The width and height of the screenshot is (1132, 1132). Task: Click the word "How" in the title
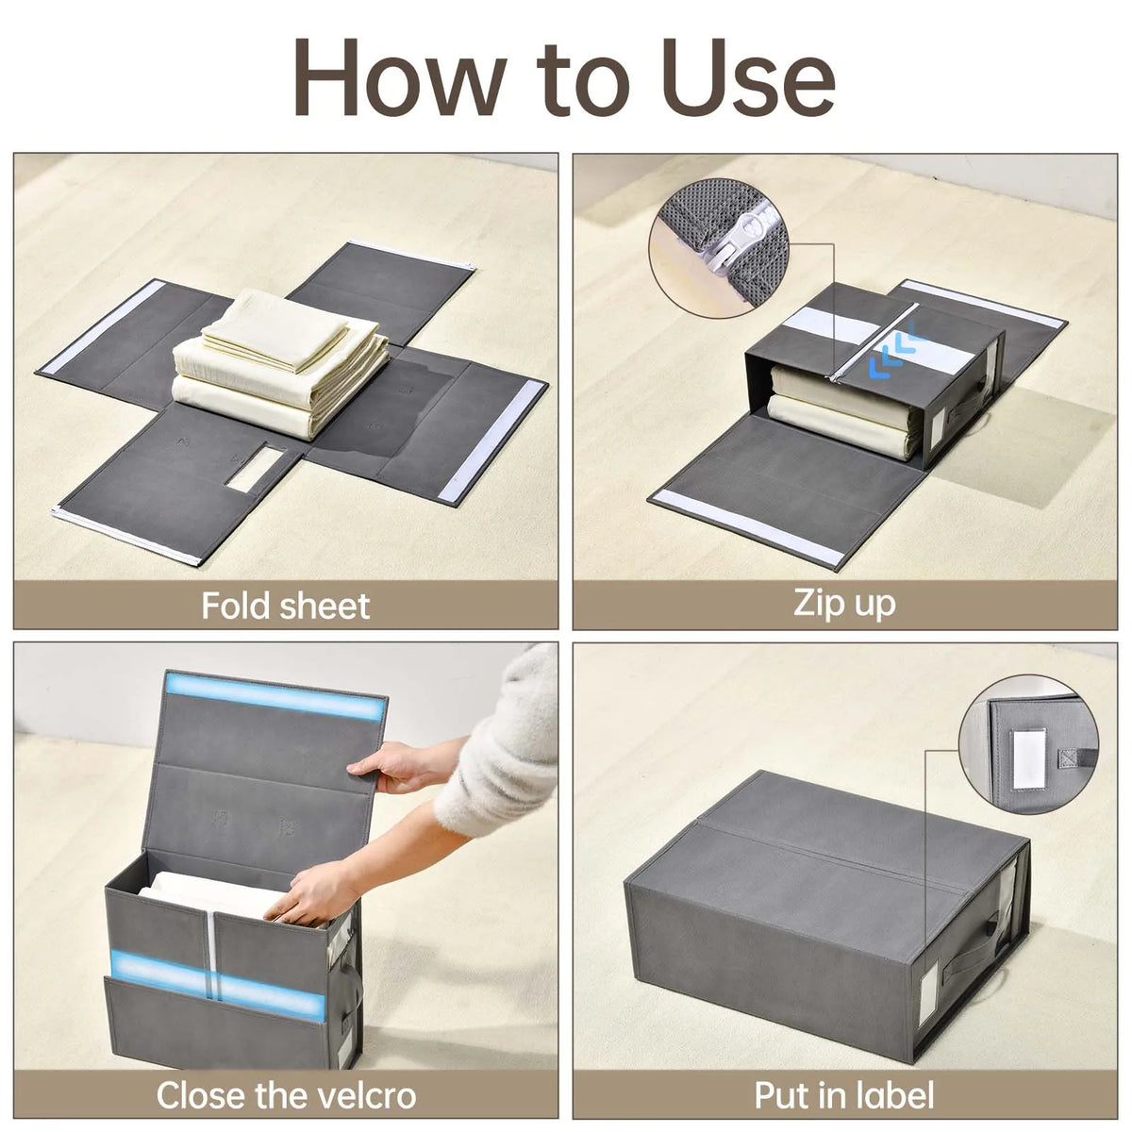click(x=400, y=77)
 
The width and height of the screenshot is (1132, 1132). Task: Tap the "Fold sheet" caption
click(x=285, y=605)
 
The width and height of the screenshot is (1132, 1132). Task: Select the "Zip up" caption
click(x=844, y=603)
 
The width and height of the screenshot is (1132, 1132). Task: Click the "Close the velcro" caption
click(x=286, y=1095)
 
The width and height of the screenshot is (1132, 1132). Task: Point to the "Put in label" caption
click(x=844, y=1095)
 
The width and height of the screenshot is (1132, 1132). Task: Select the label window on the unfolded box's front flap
click(x=255, y=469)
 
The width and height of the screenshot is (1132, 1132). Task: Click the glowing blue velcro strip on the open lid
click(x=276, y=697)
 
